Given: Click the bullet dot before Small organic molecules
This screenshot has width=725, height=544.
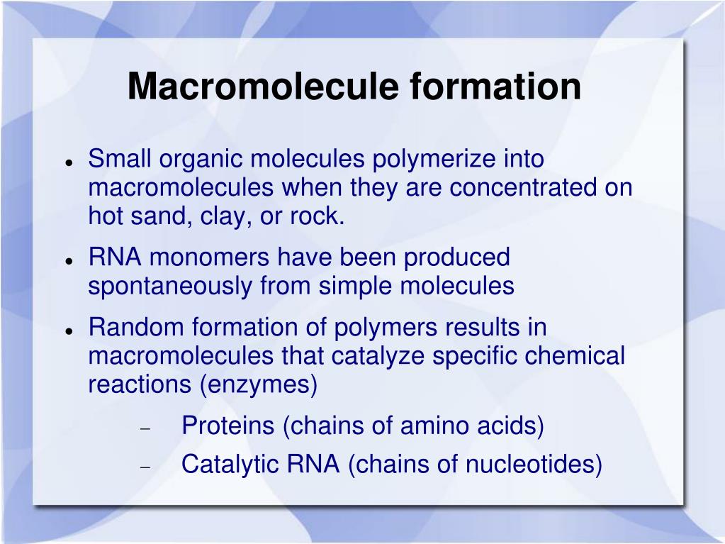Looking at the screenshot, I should [x=69, y=163].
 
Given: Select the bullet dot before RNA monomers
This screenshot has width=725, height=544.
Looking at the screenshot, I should [x=69, y=261].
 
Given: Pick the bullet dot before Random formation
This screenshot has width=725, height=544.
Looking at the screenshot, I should [x=69, y=331].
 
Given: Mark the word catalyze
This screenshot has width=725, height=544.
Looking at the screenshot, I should [x=378, y=355].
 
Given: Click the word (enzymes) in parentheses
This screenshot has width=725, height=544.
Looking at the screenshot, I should [x=259, y=384].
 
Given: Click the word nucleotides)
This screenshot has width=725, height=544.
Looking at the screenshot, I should [x=534, y=464].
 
